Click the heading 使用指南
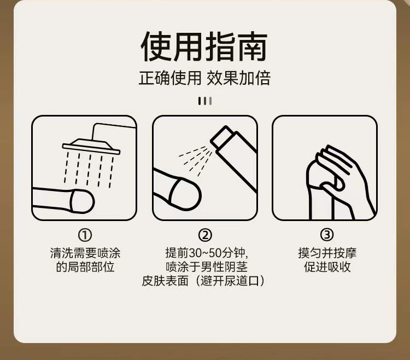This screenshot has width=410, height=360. [x=204, y=47]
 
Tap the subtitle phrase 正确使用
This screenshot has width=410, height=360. [x=170, y=78]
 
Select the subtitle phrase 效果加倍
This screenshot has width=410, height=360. [x=238, y=78]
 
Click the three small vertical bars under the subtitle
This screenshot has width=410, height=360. [x=205, y=101]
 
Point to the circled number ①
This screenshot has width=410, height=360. [x=85, y=235]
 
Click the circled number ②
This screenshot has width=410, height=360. [x=205, y=235]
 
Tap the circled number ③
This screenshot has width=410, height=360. [x=327, y=235]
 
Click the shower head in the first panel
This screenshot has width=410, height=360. [x=91, y=147]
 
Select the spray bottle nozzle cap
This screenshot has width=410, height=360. [x=221, y=137]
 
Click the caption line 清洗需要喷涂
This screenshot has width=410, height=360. [x=85, y=253]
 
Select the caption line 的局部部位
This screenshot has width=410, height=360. [x=85, y=267]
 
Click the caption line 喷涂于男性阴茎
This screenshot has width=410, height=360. [x=207, y=267]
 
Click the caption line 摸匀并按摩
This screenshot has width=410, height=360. [x=327, y=253]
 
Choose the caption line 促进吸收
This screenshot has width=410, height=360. [x=327, y=267]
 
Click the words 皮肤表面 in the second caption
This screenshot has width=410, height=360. [x=165, y=281]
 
